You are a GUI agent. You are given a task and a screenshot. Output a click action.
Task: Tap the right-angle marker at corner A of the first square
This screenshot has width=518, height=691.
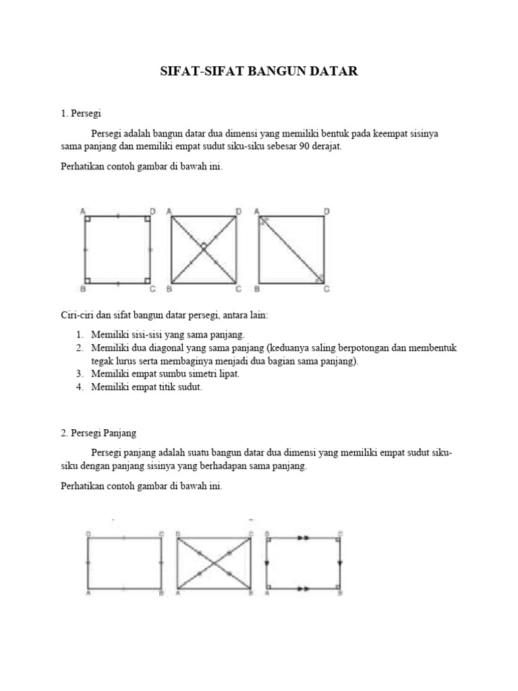[88, 219]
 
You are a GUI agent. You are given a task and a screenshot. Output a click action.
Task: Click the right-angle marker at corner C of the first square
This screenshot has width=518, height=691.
[146, 280]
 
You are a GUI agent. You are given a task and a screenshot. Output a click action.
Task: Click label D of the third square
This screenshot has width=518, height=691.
[327, 211]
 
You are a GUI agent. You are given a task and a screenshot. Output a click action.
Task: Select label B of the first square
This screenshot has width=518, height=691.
[82, 289]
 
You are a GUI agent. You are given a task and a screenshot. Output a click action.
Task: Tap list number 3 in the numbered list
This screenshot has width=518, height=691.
[79, 373]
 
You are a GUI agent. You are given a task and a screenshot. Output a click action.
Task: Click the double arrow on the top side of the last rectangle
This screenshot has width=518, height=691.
[303, 538]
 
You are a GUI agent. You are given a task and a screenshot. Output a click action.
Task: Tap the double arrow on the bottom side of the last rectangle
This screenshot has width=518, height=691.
[303, 588]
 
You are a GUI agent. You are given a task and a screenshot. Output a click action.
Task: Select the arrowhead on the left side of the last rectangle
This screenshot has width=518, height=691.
[268, 563]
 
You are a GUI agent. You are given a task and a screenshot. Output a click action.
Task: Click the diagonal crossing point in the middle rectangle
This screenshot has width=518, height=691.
[214, 563]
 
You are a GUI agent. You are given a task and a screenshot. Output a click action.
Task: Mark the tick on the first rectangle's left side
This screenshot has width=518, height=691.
[88, 563]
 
